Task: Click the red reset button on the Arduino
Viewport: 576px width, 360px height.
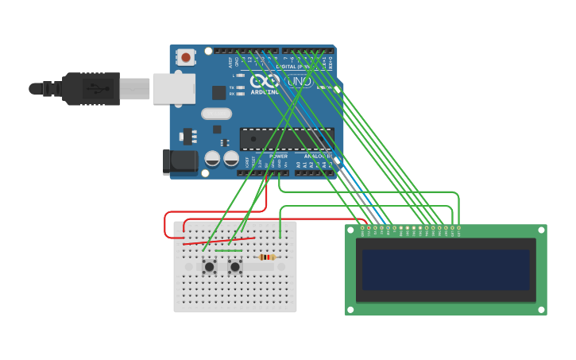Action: coord(186,57)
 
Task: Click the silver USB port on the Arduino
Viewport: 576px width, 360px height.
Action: coord(173,88)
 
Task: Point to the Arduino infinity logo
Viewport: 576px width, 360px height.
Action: coord(265,81)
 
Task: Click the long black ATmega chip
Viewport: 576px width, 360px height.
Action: coord(286,138)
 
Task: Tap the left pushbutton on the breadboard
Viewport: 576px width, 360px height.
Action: coord(209,267)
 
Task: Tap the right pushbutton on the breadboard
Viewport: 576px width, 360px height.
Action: coord(234,267)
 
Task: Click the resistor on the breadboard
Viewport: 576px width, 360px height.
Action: coord(267,257)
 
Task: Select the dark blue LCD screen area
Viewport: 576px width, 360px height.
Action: coord(445,269)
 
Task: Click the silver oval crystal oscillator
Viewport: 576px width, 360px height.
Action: coord(216,113)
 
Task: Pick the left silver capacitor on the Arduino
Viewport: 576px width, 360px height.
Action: coord(212,158)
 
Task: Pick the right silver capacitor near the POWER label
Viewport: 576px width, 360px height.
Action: coord(231,158)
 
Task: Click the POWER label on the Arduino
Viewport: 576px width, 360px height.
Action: coord(278,156)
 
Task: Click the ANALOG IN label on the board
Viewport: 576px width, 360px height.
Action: coord(318,156)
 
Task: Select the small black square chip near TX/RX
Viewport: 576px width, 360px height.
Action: coord(218,92)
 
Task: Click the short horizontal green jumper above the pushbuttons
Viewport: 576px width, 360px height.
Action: coord(229,250)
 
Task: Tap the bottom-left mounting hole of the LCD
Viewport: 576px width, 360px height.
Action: coord(350,308)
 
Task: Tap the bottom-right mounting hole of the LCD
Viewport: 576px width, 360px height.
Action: coord(541,308)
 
